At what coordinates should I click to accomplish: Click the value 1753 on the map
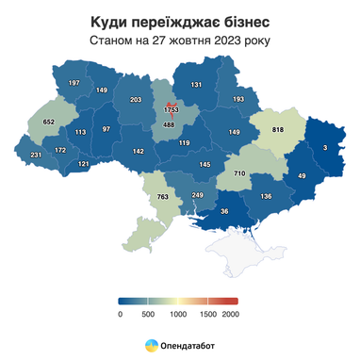pos(172,110)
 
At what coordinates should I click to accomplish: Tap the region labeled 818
pos(278,130)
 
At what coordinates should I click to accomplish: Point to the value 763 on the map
pos(162,197)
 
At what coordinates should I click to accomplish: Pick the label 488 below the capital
pos(170,125)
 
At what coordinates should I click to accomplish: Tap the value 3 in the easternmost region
pos(325,148)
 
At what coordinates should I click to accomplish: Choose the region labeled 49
pos(303,176)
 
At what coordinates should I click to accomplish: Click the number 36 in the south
pos(223,212)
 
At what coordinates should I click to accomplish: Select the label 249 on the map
pos(197,195)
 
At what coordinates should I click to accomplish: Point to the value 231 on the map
pos(36,155)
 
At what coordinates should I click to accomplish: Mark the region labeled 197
pos(74,84)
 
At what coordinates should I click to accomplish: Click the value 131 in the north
pos(196,85)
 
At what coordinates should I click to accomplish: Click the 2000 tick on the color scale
pos(230,314)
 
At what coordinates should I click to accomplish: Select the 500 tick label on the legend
pos(147,314)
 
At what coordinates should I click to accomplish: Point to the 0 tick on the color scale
pos(120,314)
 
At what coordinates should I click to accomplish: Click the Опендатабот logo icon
pos(150,346)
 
